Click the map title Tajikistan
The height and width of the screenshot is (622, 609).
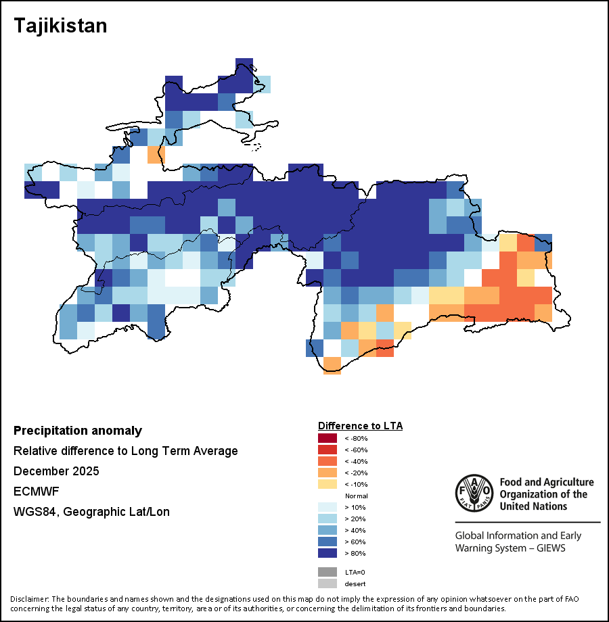(60, 26)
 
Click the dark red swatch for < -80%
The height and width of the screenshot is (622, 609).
(327, 438)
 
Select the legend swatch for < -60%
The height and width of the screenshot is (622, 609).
(327, 450)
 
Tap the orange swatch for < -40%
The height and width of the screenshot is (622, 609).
(327, 461)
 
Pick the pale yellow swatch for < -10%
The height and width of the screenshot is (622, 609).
(327, 484)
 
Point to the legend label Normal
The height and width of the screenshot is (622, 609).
(356, 496)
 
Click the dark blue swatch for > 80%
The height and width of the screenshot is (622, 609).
(327, 553)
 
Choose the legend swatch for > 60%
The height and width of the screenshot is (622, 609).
(327, 542)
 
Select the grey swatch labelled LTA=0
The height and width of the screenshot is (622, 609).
(327, 572)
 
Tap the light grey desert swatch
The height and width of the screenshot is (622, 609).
(327, 583)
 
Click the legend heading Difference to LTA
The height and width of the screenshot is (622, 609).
(360, 426)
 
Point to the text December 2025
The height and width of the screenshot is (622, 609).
(56, 471)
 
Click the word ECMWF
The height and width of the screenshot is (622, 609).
(36, 492)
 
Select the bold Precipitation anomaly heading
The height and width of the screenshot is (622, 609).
(78, 431)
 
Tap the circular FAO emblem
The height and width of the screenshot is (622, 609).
(474, 493)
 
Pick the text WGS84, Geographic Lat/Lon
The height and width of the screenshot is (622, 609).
(91, 512)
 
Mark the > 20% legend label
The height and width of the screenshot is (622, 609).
(355, 519)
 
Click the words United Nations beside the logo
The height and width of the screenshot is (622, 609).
(533, 506)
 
